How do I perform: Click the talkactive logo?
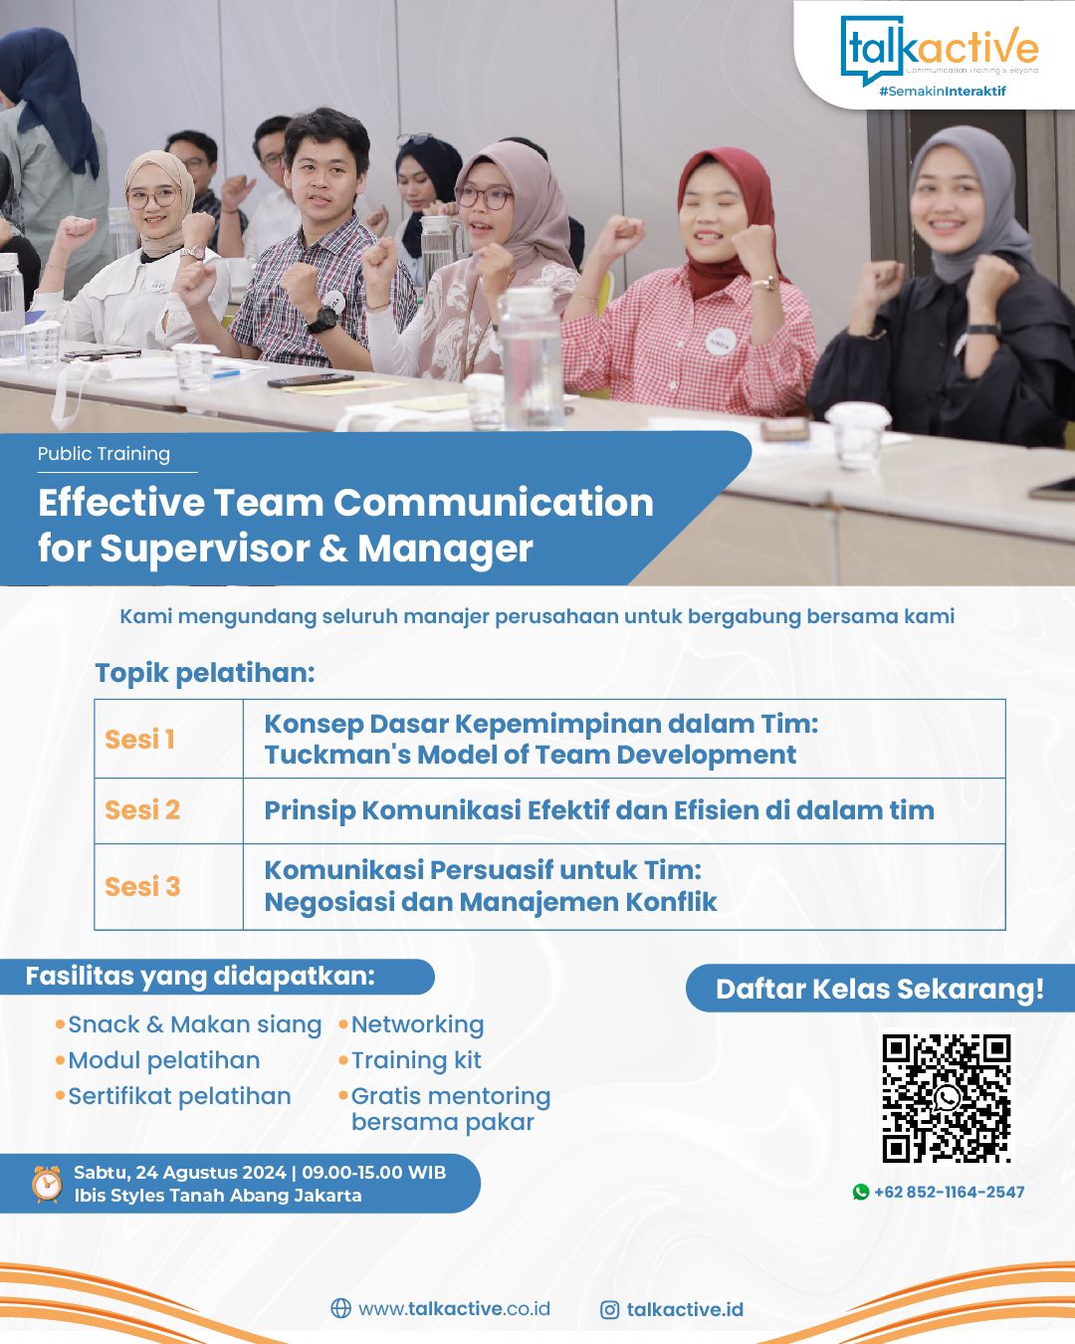tap(939, 50)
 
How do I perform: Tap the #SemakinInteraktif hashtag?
tap(942, 91)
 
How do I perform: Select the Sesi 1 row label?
tap(140, 740)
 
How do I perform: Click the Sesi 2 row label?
tap(142, 810)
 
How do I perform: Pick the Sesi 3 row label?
tap(142, 886)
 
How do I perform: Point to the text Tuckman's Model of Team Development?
tap(530, 756)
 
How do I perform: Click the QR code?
tap(946, 1098)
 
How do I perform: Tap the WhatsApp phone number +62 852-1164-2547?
tap(949, 1192)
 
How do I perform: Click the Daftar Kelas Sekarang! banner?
tap(880, 989)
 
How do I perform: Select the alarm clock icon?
tap(47, 1184)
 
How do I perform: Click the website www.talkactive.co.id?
tap(454, 1309)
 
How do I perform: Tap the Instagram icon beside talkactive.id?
tap(610, 1310)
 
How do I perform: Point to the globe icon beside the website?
tap(340, 1309)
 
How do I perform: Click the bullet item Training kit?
tap(416, 1060)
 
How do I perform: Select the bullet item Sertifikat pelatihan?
tap(179, 1096)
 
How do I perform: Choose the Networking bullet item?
tap(417, 1024)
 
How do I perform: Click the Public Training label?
tap(104, 454)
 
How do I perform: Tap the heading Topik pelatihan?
tap(205, 673)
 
